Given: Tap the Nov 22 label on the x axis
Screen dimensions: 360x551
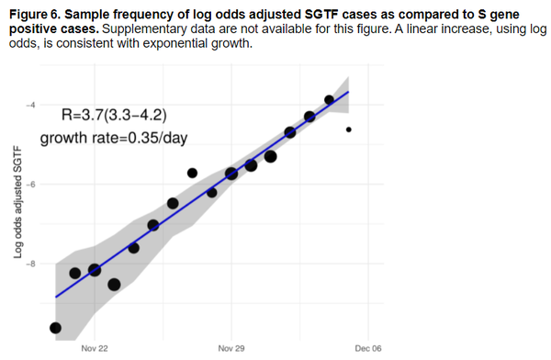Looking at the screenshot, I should (x=94, y=349).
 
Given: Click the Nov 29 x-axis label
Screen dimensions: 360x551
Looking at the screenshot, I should (x=231, y=349).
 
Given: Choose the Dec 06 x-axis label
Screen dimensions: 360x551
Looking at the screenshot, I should (x=367, y=349).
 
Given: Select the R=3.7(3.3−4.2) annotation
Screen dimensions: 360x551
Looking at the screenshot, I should (x=114, y=116).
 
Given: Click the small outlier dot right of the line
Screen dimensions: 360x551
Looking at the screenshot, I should (x=349, y=129).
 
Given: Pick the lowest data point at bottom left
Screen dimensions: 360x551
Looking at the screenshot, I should (x=55, y=328).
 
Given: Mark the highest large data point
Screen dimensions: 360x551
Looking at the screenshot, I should (x=330, y=99).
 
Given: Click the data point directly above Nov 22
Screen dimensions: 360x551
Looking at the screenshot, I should (x=94, y=270).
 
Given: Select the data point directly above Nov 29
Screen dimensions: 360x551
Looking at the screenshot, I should (x=231, y=173).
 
